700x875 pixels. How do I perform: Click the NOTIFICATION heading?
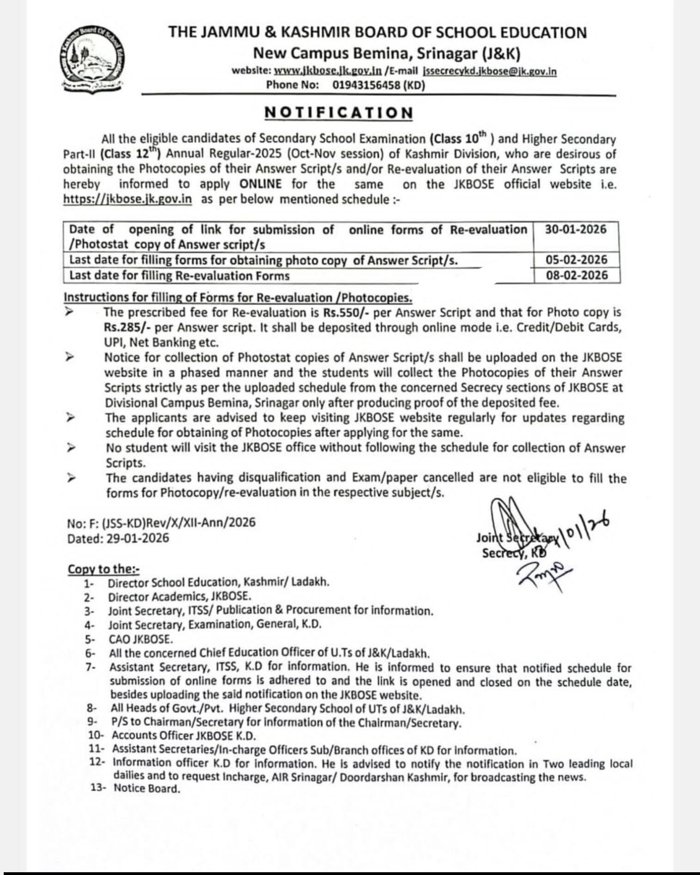click(338, 113)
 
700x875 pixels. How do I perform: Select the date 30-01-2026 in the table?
click(576, 230)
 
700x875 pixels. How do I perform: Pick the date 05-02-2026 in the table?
click(576, 260)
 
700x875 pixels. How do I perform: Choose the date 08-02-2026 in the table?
click(576, 276)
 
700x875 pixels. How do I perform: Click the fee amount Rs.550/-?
click(346, 313)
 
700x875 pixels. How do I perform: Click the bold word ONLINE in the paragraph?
click(260, 184)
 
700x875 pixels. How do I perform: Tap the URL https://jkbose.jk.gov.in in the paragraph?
click(128, 200)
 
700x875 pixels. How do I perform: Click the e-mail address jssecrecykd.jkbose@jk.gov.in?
click(489, 72)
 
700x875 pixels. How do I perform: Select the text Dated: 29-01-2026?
click(118, 538)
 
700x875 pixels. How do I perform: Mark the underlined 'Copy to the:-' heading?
click(103, 569)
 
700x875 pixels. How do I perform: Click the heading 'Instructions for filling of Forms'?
click(237, 297)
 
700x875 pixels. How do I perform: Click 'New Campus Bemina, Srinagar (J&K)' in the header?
click(387, 54)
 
